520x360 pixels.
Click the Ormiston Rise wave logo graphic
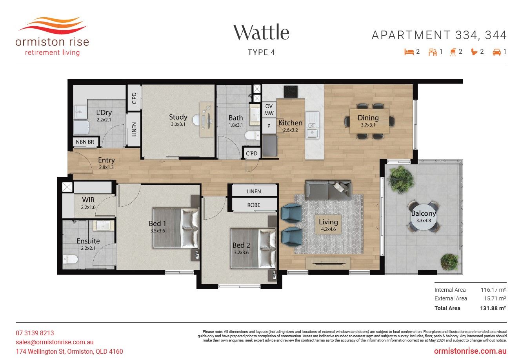pyautogui.click(x=52, y=25)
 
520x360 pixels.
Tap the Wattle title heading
pyautogui.click(x=261, y=33)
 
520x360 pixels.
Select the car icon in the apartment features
pyautogui.click(x=497, y=52)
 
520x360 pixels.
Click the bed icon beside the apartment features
pyautogui.click(x=409, y=52)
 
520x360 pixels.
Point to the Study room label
pyautogui.click(x=178, y=117)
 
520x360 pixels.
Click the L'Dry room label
pyautogui.click(x=104, y=113)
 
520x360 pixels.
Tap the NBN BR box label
pyautogui.click(x=85, y=142)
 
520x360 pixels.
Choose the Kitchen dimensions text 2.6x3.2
pyautogui.click(x=291, y=130)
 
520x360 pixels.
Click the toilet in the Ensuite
pyautogui.click(x=70, y=259)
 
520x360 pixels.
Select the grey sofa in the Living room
pyautogui.click(x=328, y=190)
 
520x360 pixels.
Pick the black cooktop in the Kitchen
pyautogui.click(x=291, y=92)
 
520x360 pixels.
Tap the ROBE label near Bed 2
pyautogui.click(x=254, y=205)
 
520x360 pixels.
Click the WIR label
pyautogui.click(x=88, y=200)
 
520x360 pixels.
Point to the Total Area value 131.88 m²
pyautogui.click(x=493, y=308)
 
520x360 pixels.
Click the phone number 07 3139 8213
pyautogui.click(x=35, y=333)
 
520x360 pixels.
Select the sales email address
pyautogui.click(x=55, y=342)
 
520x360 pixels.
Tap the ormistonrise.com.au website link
pyautogui.click(x=470, y=351)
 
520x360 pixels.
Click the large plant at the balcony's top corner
pyautogui.click(x=401, y=179)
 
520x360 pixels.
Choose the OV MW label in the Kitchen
pyautogui.click(x=269, y=109)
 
